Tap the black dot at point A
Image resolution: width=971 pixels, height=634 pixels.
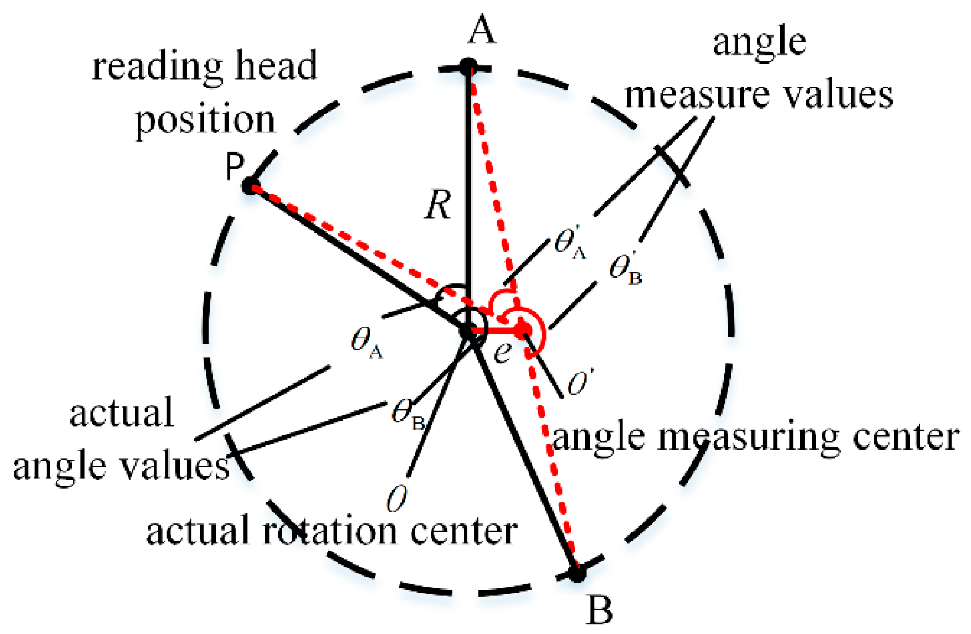pos(468,68)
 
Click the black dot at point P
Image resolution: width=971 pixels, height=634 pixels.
pos(250,186)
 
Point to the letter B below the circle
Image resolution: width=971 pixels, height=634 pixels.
pos(600,610)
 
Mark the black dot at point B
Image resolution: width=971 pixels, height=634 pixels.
pos(577,573)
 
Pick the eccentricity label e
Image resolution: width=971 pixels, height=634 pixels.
pos(502,351)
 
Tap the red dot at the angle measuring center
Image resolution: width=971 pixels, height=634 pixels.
pos(523,330)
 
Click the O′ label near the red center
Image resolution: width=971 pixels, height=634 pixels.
pos(579,382)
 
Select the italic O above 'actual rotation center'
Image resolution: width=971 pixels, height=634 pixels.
pos(397,499)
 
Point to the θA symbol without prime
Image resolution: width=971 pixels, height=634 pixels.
pos(366,342)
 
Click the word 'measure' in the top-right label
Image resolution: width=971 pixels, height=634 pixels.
pos(698,95)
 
